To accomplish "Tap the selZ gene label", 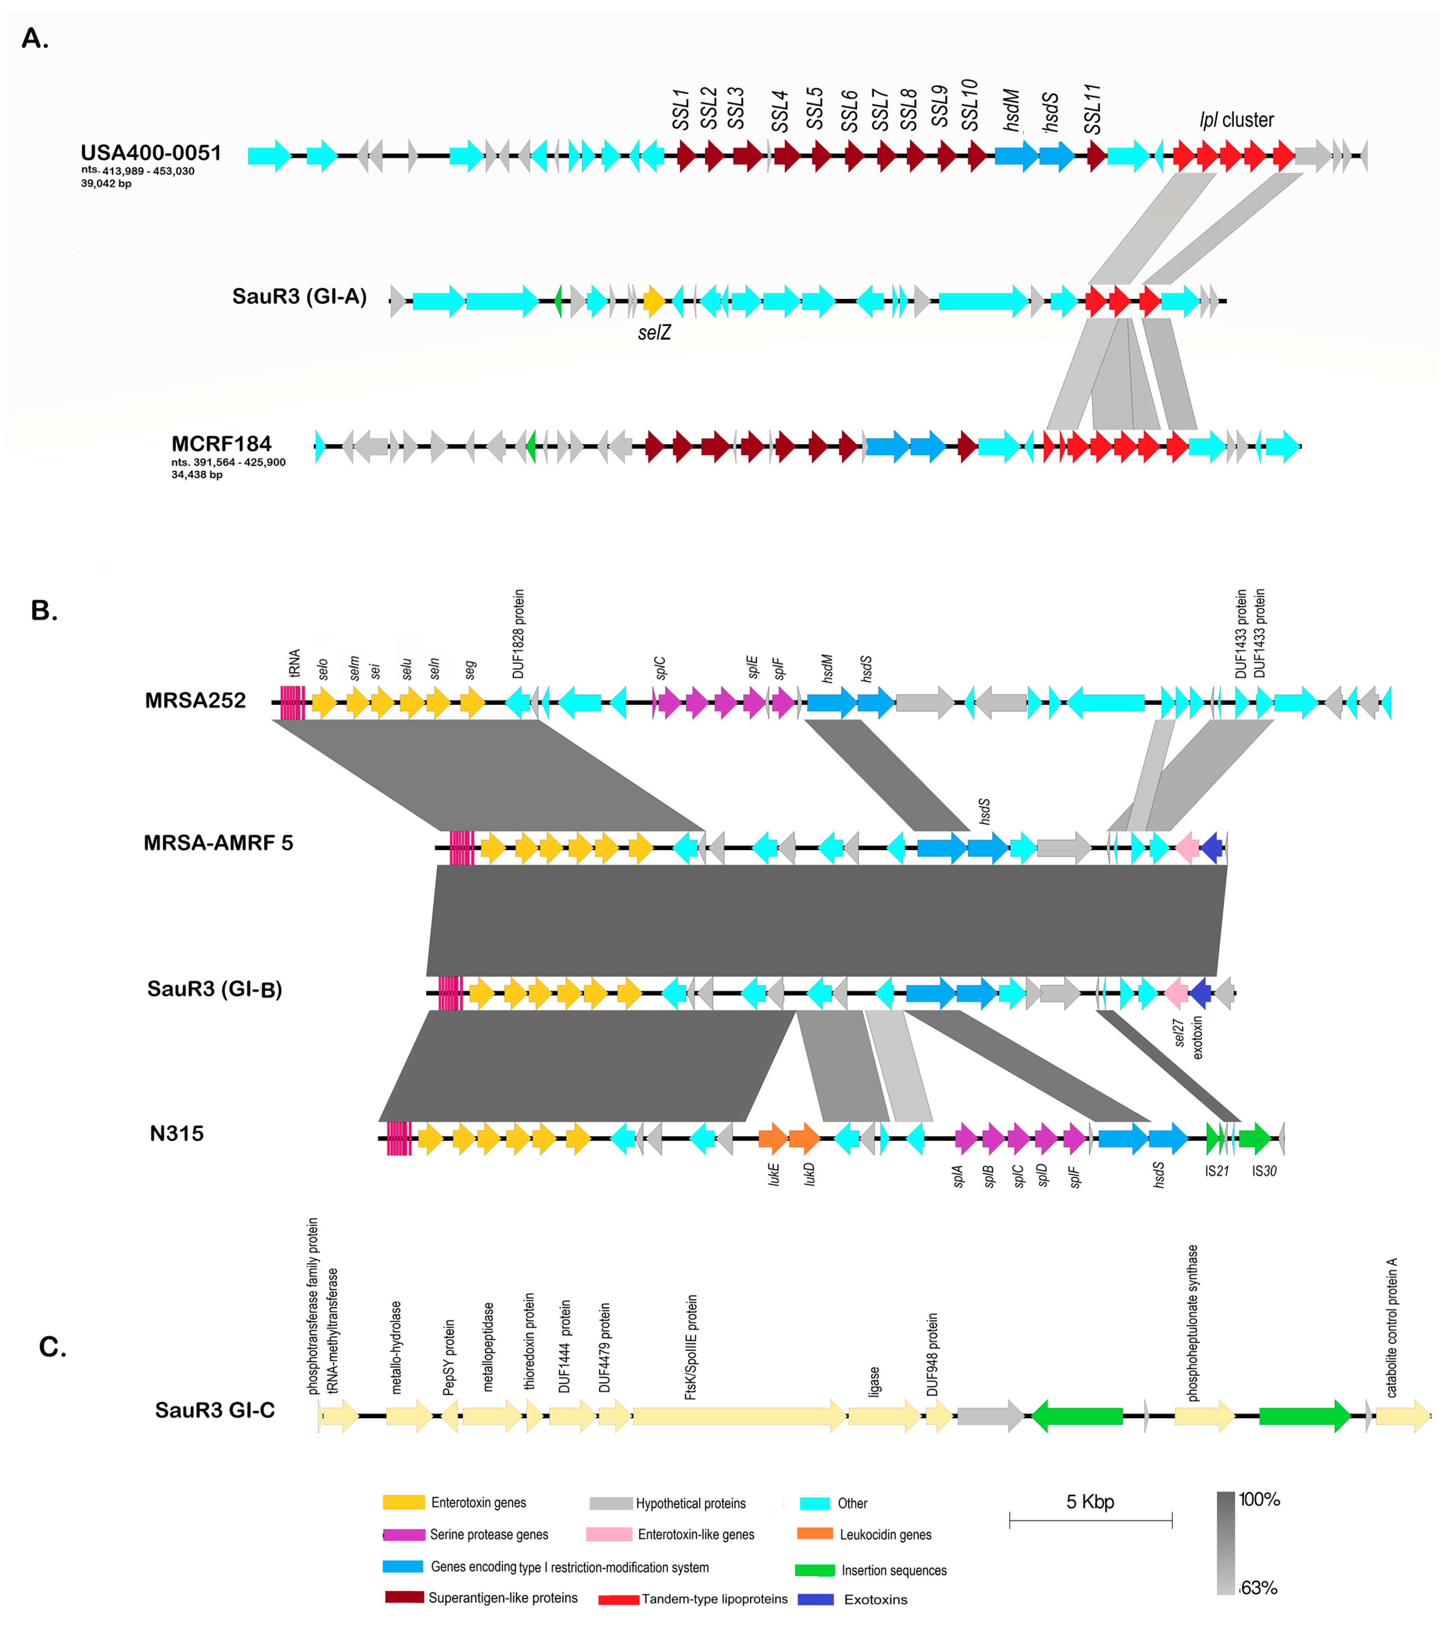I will pos(654,332).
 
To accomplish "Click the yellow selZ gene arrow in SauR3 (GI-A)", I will pos(654,301).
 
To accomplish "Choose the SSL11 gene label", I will pos(1093,109).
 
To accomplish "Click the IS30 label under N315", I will pos(1264,1171).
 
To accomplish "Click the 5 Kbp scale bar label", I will pos(1090,1501).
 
